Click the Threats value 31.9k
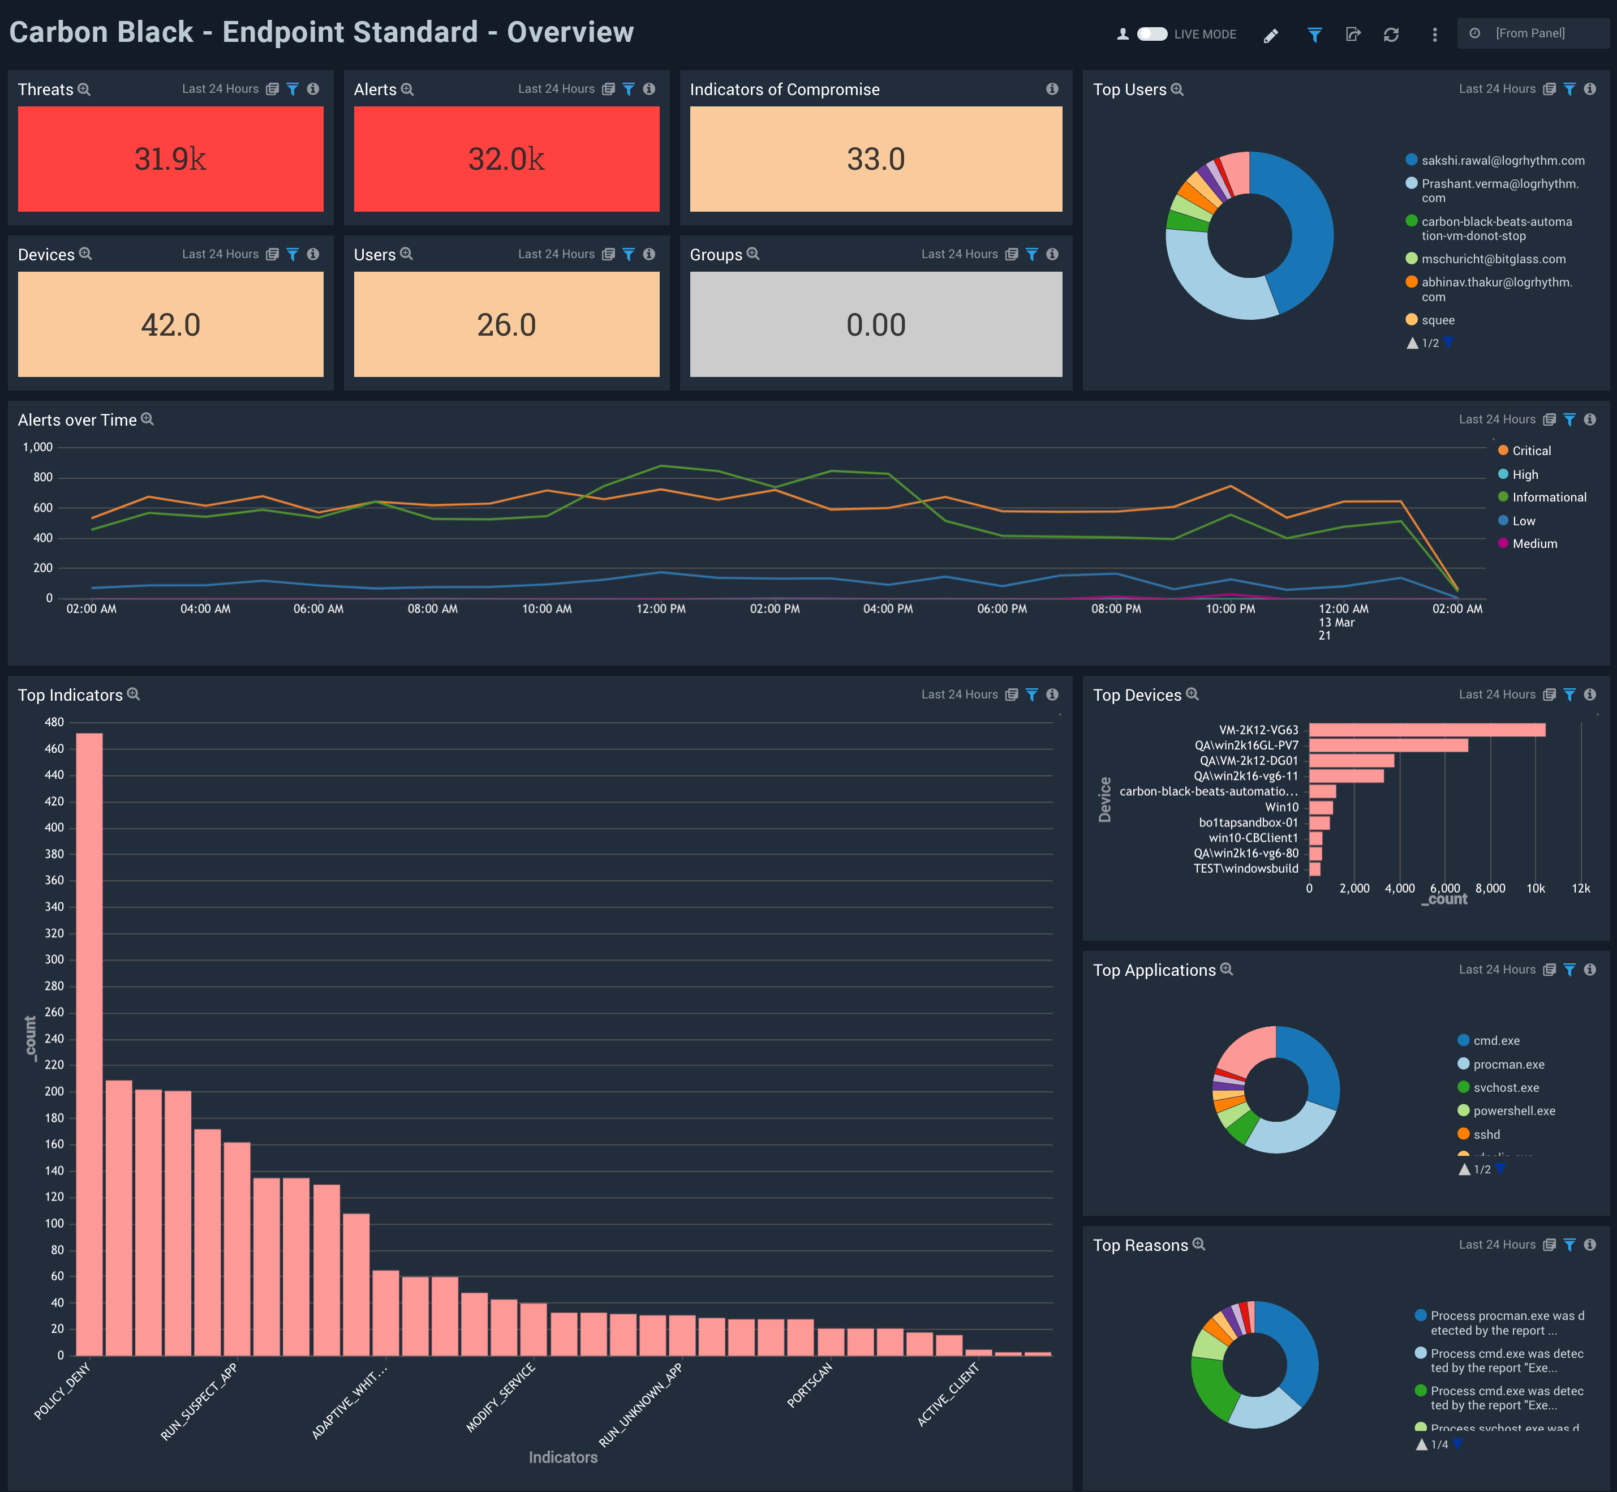tap(170, 159)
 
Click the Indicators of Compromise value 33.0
tap(875, 159)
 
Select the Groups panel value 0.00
tap(875, 324)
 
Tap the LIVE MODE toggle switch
tap(1151, 34)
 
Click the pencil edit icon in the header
tap(1271, 35)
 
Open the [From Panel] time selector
tap(1530, 33)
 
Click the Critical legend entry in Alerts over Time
tap(1530, 451)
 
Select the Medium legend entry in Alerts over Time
tap(1534, 543)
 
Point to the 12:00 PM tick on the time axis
tap(661, 609)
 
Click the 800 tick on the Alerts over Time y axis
tap(43, 477)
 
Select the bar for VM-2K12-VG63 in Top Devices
tap(1426, 730)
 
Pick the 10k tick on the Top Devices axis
tap(1535, 888)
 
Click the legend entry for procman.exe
tap(1508, 1064)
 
